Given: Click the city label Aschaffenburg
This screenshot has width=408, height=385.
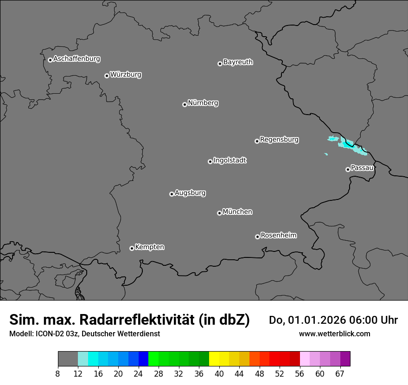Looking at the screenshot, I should click(x=76, y=59).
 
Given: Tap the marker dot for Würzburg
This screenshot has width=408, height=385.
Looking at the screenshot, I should click(x=107, y=76).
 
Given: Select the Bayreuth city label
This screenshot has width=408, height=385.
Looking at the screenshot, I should click(x=238, y=62).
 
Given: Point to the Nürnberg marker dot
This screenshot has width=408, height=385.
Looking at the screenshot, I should click(x=185, y=104).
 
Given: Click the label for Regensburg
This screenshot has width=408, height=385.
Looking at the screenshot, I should click(x=279, y=140).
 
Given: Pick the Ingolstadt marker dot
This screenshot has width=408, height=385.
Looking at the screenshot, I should click(x=210, y=161).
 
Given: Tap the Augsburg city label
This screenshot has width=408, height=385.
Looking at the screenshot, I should click(x=190, y=193).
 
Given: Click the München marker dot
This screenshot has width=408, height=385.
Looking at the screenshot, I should click(x=219, y=213).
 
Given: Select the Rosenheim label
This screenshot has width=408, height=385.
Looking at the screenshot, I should click(x=278, y=235).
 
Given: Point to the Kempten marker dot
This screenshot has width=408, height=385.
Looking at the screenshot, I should click(x=132, y=248).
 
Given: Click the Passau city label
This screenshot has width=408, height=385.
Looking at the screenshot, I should click(x=362, y=168).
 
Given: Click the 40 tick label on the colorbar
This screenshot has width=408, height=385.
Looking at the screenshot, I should click(x=219, y=374).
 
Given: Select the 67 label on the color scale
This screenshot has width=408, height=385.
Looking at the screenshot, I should click(x=340, y=374).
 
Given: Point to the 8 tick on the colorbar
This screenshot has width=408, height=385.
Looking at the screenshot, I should click(x=58, y=374).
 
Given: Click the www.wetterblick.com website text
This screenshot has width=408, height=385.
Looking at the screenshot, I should click(x=334, y=334).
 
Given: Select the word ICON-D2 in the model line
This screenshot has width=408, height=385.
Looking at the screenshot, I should click(x=51, y=334).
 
